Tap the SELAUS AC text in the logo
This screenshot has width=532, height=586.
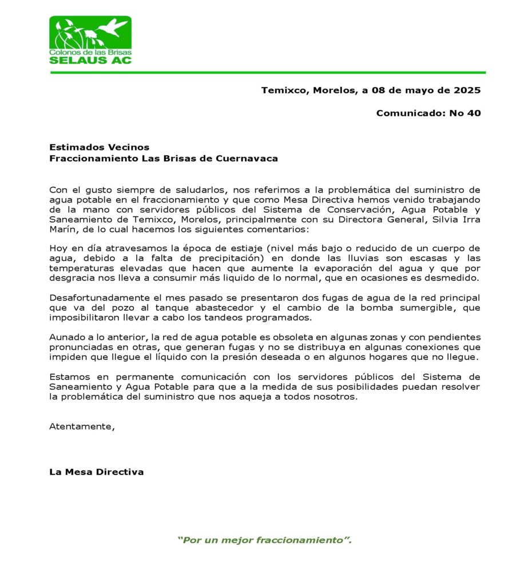[x=90, y=60]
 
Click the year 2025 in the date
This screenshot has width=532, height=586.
[x=467, y=90]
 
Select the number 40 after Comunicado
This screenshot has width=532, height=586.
[x=474, y=113]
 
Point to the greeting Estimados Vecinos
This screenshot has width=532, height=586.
[x=99, y=148]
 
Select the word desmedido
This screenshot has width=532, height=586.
[x=455, y=278]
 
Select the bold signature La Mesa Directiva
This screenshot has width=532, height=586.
[x=96, y=472]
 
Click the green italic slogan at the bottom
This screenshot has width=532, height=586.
[x=264, y=540]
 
